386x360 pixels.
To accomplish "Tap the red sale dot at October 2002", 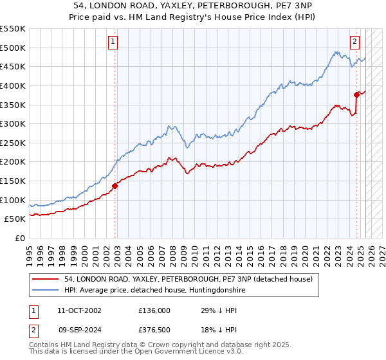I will [x=115, y=186].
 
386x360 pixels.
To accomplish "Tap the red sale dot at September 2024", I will [x=356, y=94].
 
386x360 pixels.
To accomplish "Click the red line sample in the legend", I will [x=46, y=279].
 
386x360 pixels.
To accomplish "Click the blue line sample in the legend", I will [x=46, y=291].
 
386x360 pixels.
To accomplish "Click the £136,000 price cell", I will [x=154, y=310].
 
